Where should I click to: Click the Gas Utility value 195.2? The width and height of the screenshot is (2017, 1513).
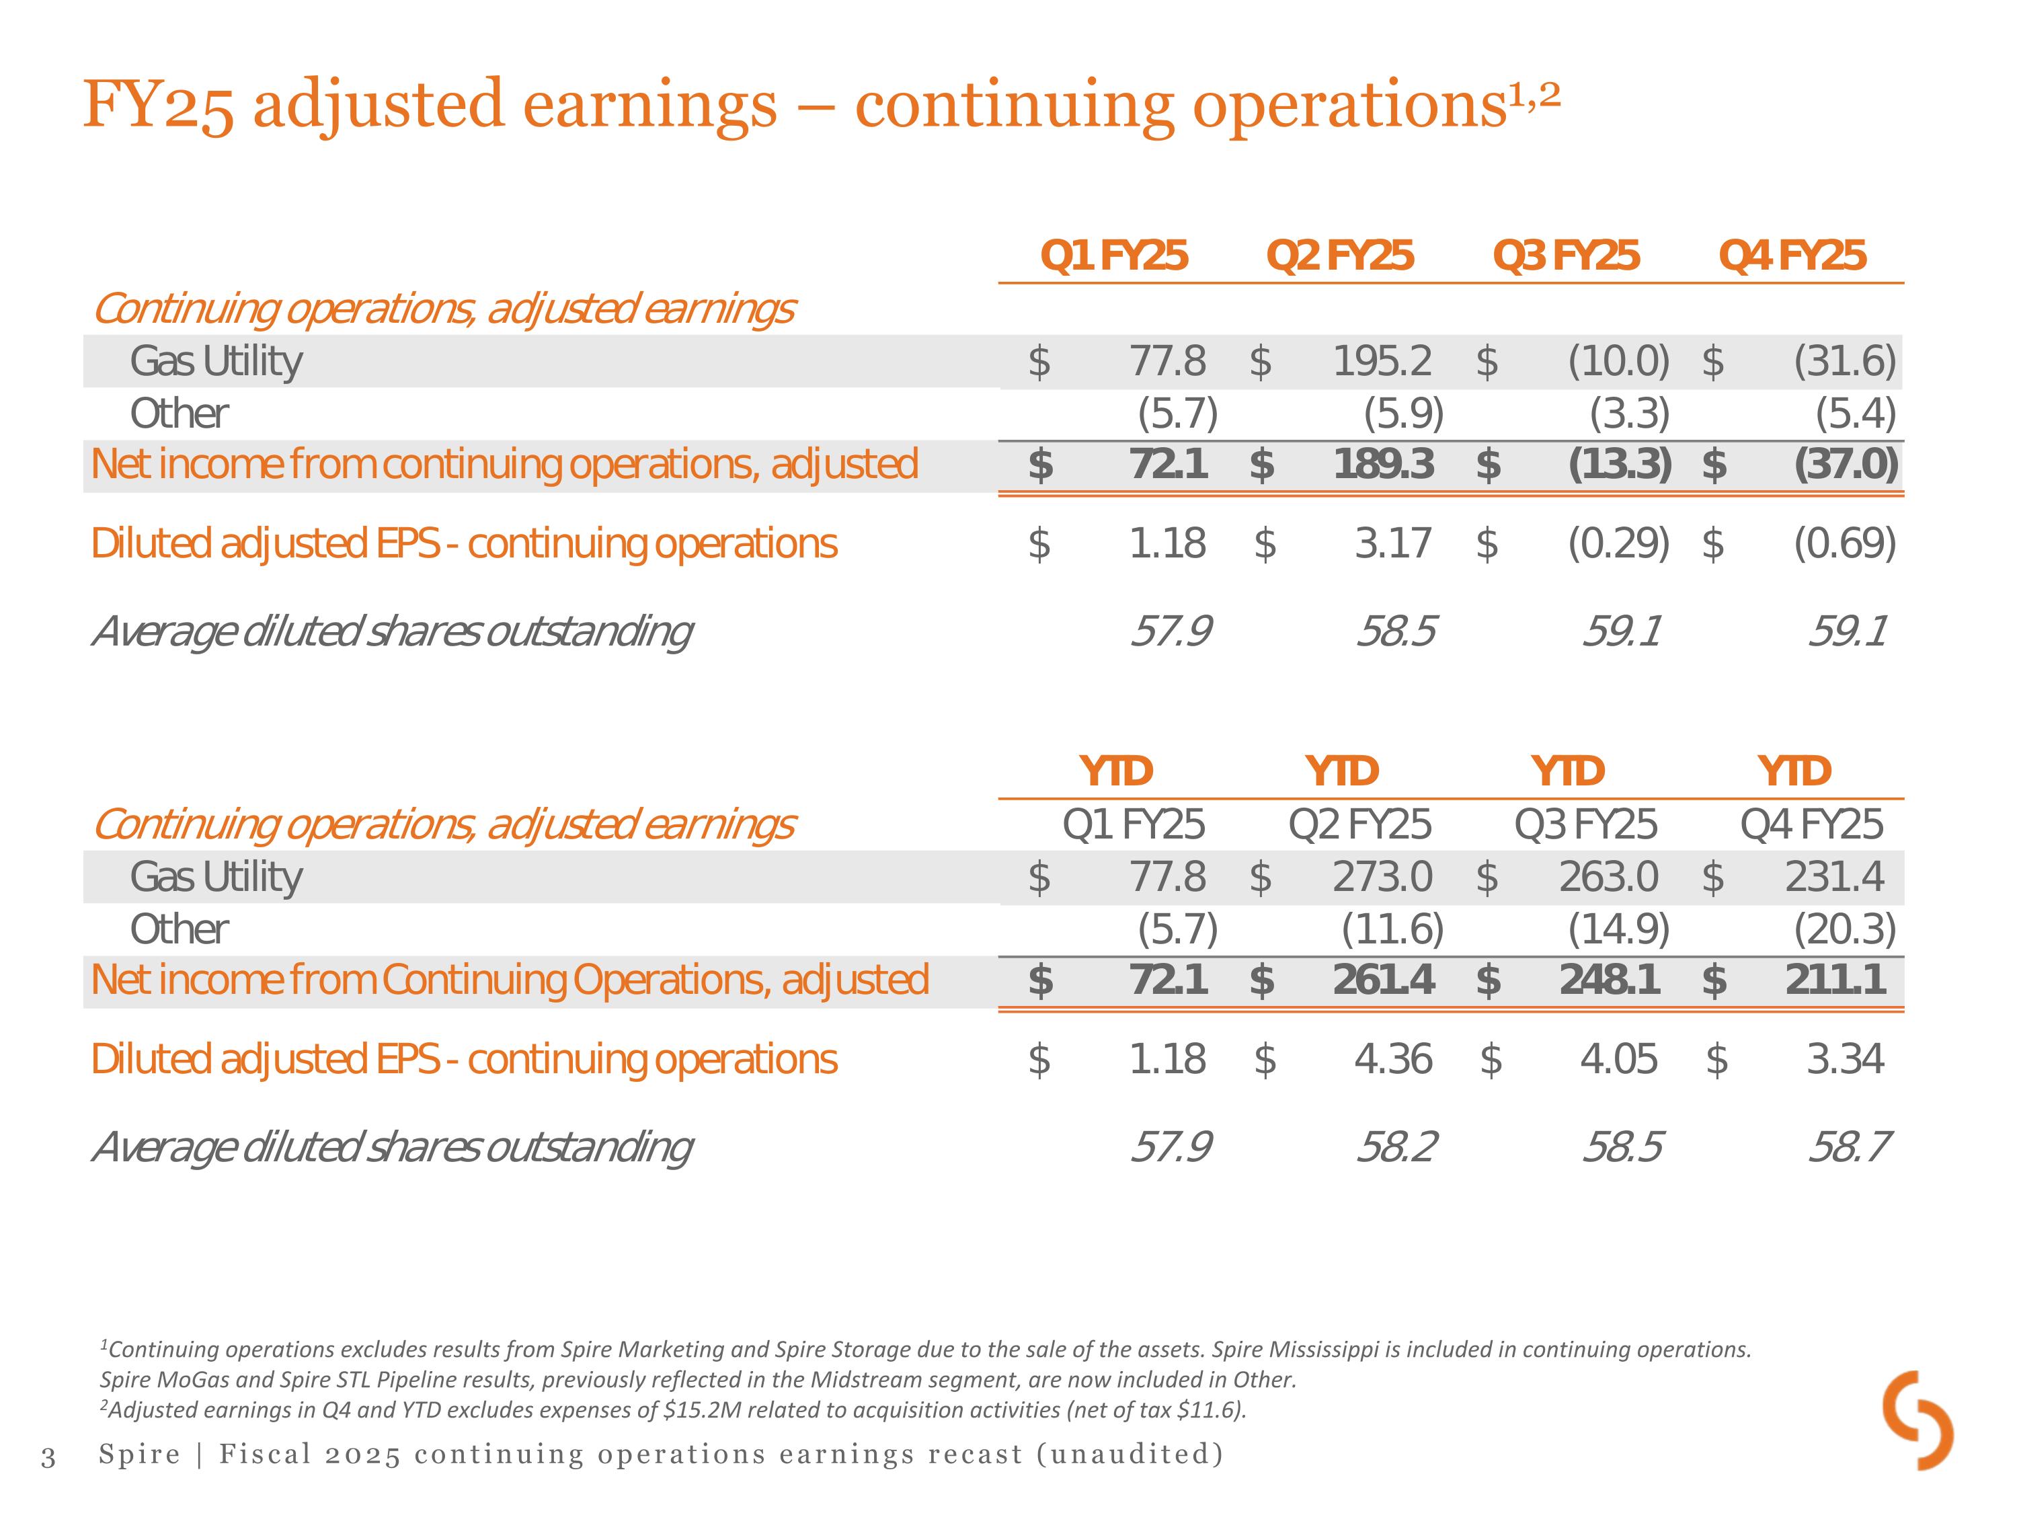coord(1382,361)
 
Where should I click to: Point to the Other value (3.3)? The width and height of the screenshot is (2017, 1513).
coord(1630,414)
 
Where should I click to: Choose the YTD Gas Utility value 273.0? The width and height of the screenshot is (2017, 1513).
coord(1382,878)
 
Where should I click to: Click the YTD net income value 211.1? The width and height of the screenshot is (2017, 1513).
coord(1835,980)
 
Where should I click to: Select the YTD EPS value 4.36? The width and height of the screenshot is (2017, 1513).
coord(1393,1060)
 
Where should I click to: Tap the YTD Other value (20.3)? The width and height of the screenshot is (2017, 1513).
coord(1845,930)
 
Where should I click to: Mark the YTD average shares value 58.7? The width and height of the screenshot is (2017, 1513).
coord(1849,1147)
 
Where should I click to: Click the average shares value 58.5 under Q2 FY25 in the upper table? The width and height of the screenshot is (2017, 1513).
coord(1396,631)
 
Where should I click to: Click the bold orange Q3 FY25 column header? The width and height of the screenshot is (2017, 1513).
coord(1566,256)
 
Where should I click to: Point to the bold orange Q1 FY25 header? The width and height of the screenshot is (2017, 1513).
coord(1113,256)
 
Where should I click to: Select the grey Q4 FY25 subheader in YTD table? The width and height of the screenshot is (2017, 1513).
coord(1811,825)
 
